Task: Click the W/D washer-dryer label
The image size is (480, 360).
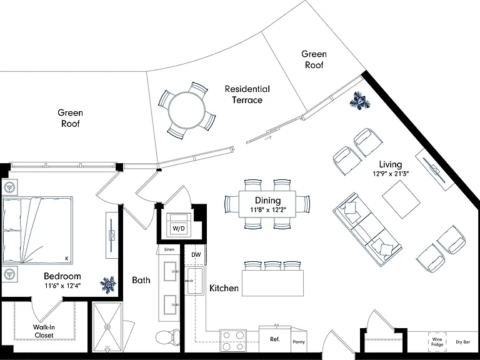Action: (x=179, y=228)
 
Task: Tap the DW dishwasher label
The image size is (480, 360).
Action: (x=196, y=255)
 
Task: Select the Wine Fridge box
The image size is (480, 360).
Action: (x=437, y=342)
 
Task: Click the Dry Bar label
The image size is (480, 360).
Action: (x=463, y=342)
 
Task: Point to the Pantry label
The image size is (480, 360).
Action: (x=299, y=342)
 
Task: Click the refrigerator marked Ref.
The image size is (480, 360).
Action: (x=275, y=340)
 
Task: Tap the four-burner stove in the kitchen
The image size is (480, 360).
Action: (x=233, y=341)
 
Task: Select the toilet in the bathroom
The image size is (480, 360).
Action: (x=168, y=337)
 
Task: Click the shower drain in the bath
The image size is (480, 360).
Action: (x=107, y=327)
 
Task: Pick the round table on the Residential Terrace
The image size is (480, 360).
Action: (x=186, y=110)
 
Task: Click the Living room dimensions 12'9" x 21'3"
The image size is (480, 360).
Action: (x=391, y=174)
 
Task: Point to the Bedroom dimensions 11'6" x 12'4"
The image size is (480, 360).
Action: (x=62, y=286)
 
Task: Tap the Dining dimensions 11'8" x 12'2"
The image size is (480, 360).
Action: (x=267, y=210)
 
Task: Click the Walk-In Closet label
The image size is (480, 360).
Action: (x=44, y=331)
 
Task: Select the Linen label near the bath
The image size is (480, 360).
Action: (x=169, y=249)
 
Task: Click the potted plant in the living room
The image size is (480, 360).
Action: (x=360, y=101)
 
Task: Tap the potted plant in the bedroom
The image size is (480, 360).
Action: (x=108, y=285)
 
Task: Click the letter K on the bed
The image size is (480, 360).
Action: (x=67, y=259)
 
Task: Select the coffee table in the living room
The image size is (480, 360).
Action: (x=401, y=199)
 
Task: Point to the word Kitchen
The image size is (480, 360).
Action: (x=224, y=288)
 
